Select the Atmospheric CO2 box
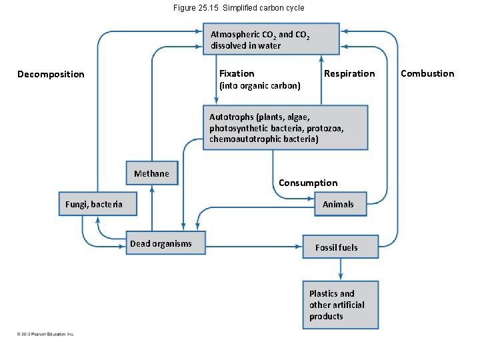point(271,39)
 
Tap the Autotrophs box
point(285,127)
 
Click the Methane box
point(152,174)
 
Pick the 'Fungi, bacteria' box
point(97,204)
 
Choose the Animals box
point(339,204)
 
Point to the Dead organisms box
point(165,243)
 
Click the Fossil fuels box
point(340,247)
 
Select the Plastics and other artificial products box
point(340,305)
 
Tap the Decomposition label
point(51,74)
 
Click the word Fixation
point(237,73)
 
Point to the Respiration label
point(349,73)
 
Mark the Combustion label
point(427,73)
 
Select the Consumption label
point(308,183)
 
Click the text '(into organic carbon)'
point(259,85)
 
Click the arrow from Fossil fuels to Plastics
point(341,269)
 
